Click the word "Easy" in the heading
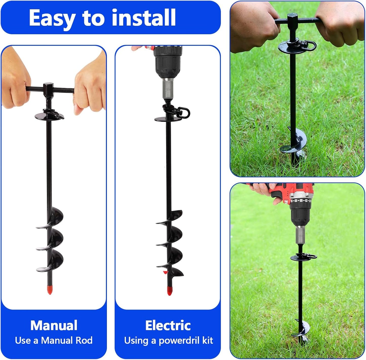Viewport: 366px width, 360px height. [x=52, y=18]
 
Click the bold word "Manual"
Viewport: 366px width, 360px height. [x=54, y=325]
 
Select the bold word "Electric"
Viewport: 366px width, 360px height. [x=168, y=325]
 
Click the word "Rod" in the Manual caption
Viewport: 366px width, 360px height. [x=84, y=340]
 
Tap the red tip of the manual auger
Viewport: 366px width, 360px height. [x=50, y=290]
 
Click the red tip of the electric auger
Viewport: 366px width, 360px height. [x=169, y=291]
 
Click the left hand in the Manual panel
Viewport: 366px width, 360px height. [x=15, y=81]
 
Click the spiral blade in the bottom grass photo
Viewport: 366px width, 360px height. [x=300, y=329]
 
